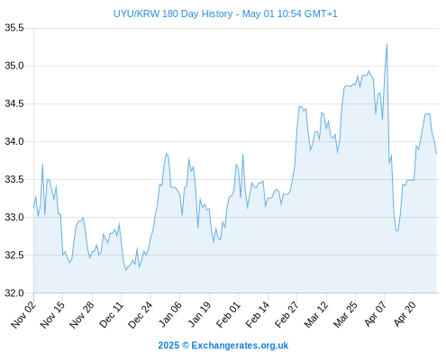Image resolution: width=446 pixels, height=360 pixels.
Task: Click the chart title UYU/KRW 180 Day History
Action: click(173, 13)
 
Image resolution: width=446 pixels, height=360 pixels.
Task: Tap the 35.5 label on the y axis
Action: click(14, 28)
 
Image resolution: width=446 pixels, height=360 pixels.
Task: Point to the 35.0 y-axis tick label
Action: click(14, 66)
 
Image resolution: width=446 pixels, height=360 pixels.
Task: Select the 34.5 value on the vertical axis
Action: click(14, 103)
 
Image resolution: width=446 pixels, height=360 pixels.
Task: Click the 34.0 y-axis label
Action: click(14, 141)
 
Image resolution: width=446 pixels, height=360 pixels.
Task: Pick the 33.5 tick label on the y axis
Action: click(14, 179)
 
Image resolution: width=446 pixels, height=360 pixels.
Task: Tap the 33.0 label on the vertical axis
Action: click(14, 217)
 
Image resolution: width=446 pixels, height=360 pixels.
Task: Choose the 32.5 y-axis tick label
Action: click(14, 255)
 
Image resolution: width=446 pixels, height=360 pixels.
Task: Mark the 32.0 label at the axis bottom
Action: click(14, 292)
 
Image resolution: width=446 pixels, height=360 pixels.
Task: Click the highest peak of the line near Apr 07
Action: click(387, 44)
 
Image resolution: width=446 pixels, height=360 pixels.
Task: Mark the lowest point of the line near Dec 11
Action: click(126, 270)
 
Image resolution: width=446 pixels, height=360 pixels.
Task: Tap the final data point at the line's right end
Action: click(436, 154)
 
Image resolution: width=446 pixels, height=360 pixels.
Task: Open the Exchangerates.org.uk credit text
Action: click(240, 346)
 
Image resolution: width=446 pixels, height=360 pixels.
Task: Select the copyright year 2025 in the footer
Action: click(168, 346)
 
